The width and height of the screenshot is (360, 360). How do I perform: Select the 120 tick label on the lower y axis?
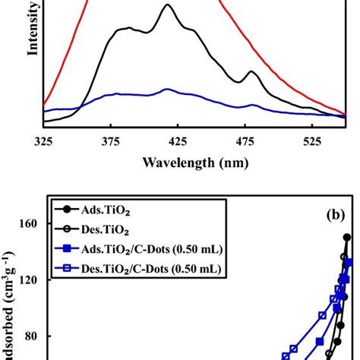[33, 279]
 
